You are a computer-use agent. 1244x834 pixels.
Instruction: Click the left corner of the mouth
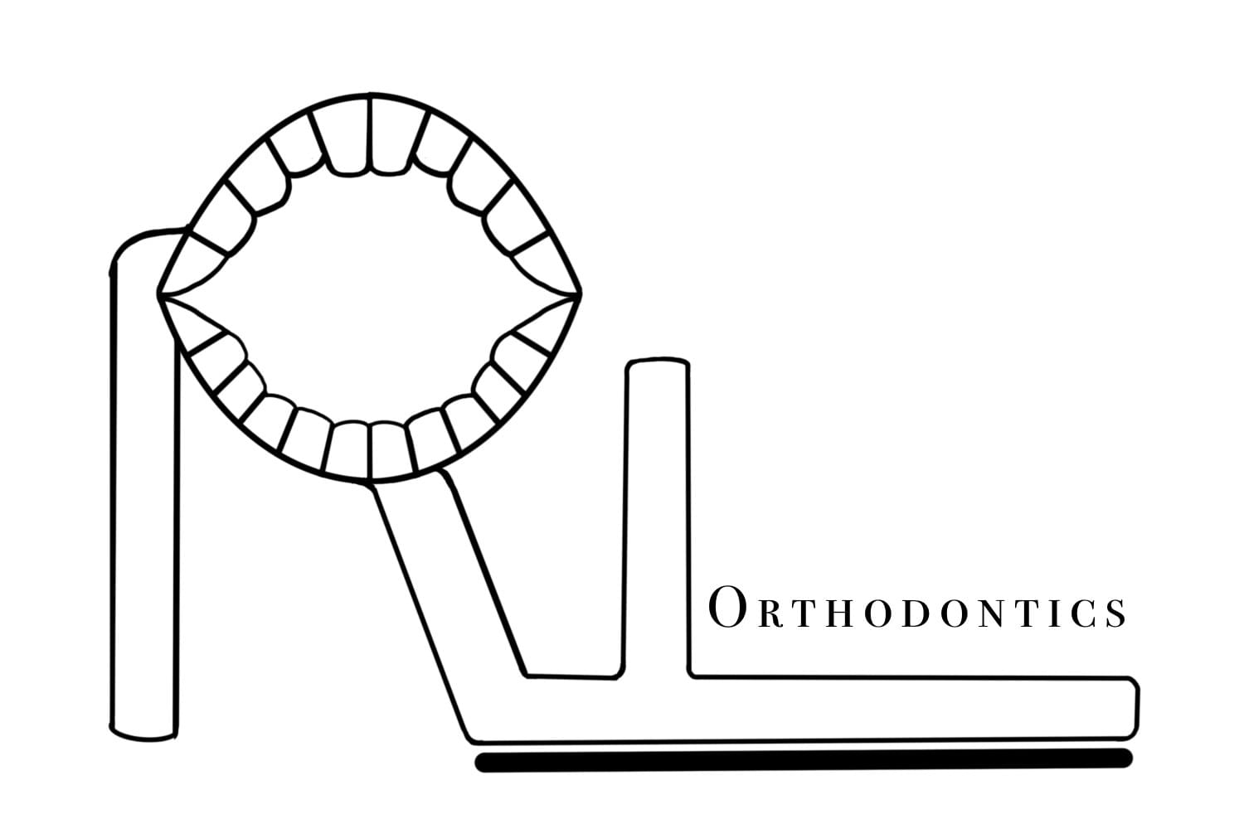pyautogui.click(x=159, y=293)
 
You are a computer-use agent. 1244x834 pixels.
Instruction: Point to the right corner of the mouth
pyautogui.click(x=580, y=293)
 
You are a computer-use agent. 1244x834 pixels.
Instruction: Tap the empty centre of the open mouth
pyautogui.click(x=369, y=294)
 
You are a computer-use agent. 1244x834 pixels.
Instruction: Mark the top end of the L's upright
pyautogui.click(x=658, y=365)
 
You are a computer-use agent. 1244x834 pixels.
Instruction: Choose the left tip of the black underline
pyautogui.click(x=481, y=764)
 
